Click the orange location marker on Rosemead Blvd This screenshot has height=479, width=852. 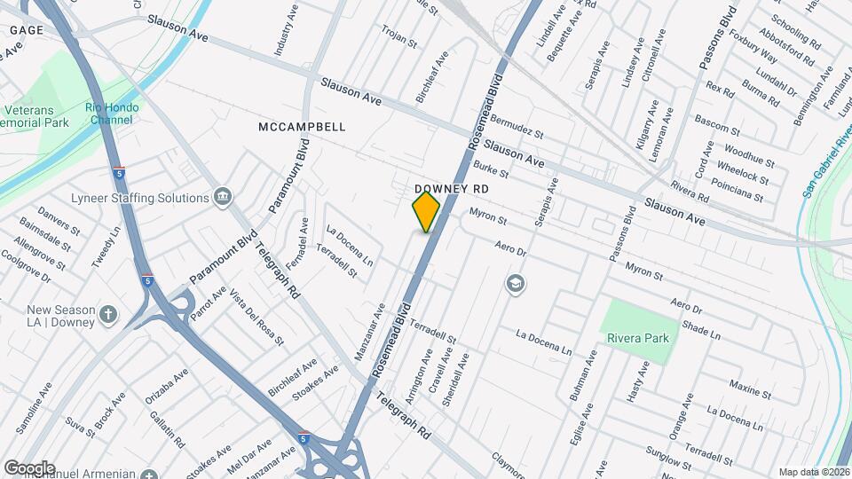pyautogui.click(x=426, y=212)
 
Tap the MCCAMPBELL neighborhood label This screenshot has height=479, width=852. pyautogui.click(x=302, y=127)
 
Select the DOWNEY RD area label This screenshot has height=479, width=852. pyautogui.click(x=452, y=190)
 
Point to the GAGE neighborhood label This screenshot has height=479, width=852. pyautogui.click(x=27, y=30)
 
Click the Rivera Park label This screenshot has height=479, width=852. pyautogui.click(x=637, y=338)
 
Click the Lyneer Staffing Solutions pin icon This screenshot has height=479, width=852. pyautogui.click(x=222, y=196)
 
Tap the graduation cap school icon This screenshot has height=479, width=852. pyautogui.click(x=514, y=284)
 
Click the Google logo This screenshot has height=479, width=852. pyautogui.click(x=29, y=468)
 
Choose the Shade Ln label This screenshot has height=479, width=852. pyautogui.click(x=701, y=330)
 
